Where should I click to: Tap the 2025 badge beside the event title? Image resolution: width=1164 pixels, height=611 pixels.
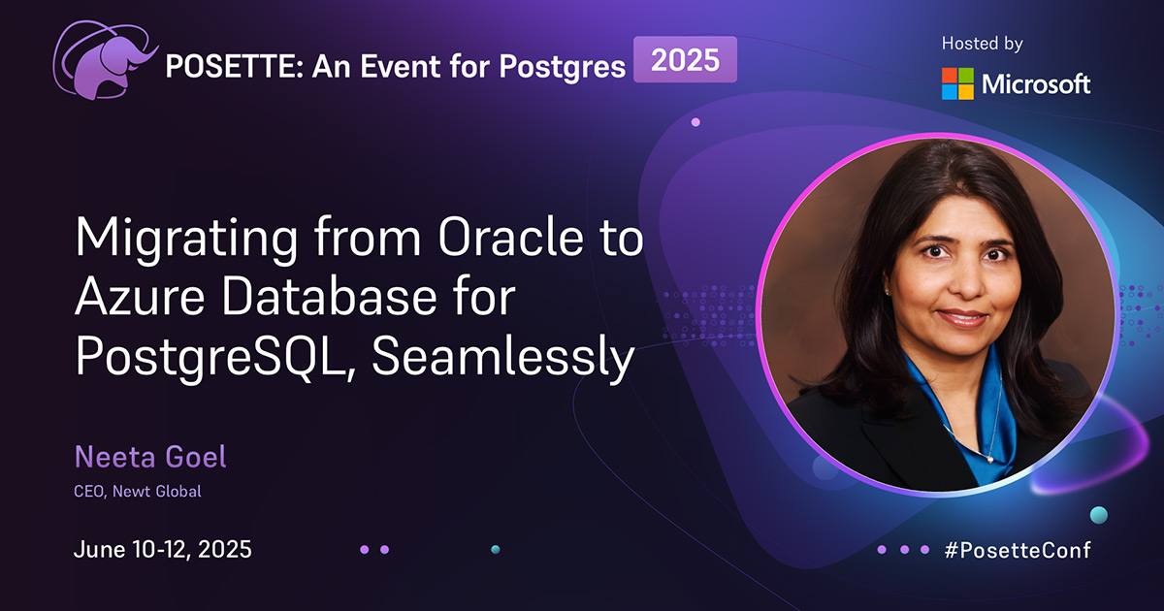[x=685, y=60]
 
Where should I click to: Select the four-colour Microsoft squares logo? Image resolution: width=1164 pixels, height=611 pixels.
[x=957, y=83]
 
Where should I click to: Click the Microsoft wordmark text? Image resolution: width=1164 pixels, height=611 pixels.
[x=1036, y=84]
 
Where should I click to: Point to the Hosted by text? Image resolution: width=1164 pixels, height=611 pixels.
[x=982, y=44]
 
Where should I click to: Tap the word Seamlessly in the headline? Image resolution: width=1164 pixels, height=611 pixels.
[x=502, y=360]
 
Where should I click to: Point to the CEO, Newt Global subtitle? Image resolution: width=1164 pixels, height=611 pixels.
[x=138, y=491]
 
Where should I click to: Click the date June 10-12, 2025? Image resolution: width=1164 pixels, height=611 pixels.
[x=163, y=550]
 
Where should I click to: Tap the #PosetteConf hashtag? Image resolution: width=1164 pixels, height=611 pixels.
[x=1017, y=550]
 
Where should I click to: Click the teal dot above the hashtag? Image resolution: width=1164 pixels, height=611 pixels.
[x=1098, y=514]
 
